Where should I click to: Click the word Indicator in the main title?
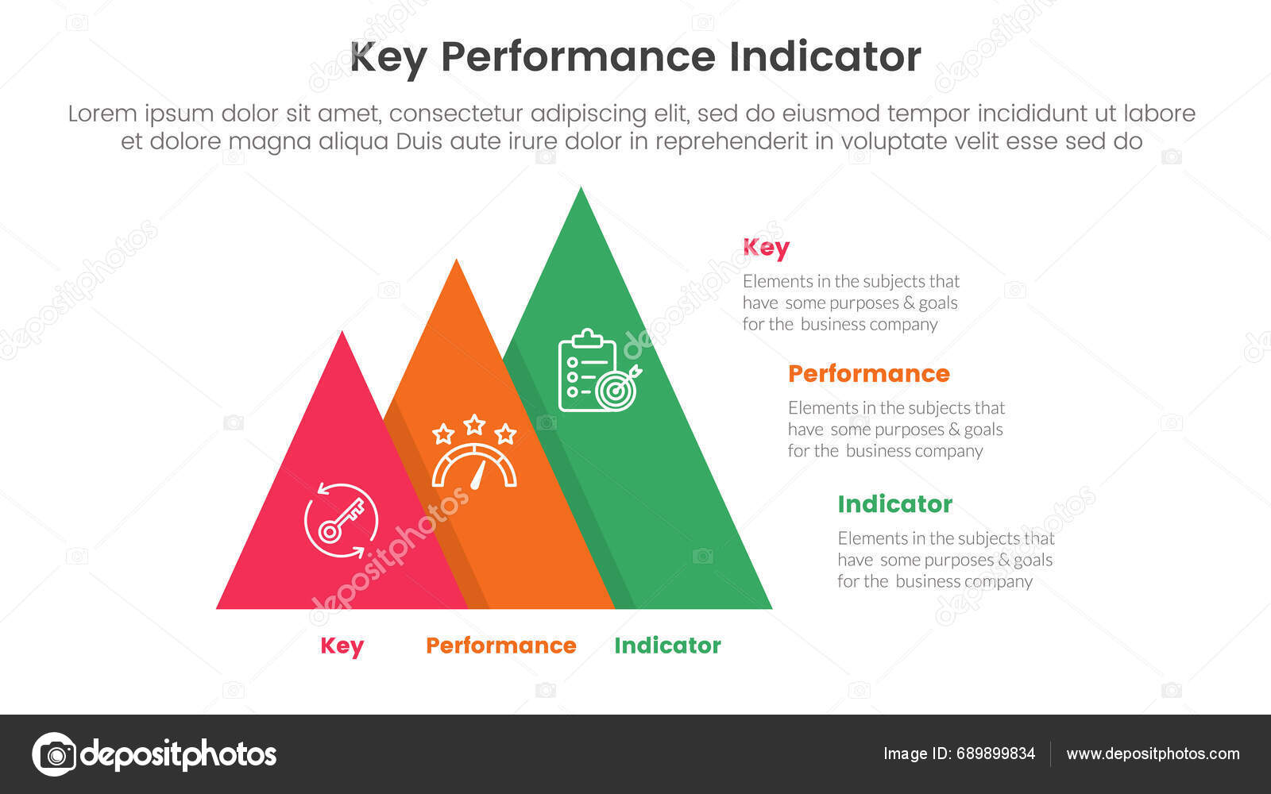tap(824, 57)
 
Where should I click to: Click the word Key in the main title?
tap(388, 57)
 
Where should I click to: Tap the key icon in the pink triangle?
tap(341, 521)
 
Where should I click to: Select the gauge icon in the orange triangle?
tap(474, 467)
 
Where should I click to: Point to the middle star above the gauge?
tap(474, 424)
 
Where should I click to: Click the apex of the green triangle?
tap(581, 191)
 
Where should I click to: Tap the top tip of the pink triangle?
tap(342, 334)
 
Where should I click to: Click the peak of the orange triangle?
tap(456, 263)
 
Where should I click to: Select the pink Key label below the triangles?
tap(342, 646)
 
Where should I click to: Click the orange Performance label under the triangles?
tap(500, 646)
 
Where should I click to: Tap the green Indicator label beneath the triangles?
tap(667, 646)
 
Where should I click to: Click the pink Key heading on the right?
tap(766, 248)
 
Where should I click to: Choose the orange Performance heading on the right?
tap(868, 374)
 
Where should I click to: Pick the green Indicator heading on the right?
tap(894, 504)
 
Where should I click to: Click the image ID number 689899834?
tap(995, 754)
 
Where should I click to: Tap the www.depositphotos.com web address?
tap(1153, 754)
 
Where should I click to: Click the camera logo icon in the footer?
tap(54, 754)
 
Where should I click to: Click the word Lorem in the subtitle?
tap(102, 114)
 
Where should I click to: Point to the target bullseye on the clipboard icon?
tap(616, 390)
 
